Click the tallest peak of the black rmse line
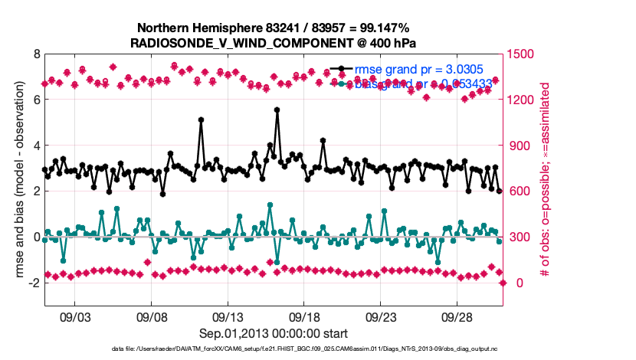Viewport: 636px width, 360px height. pyautogui.click(x=277, y=110)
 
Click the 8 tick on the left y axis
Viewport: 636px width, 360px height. pyautogui.click(x=35, y=54)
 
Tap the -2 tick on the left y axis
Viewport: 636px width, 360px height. pyautogui.click(x=33, y=283)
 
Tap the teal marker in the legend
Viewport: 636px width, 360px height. pyautogui.click(x=347, y=83)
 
